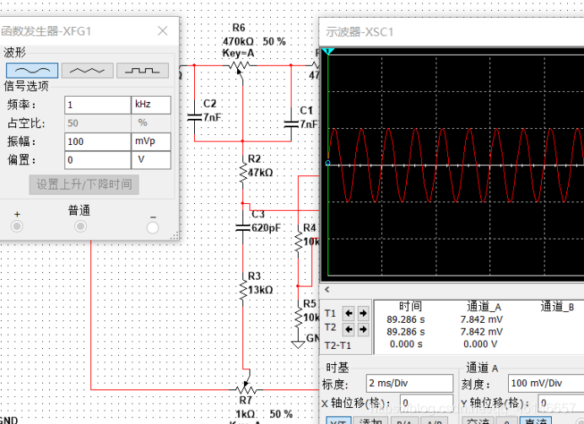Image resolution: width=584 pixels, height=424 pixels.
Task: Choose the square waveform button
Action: click(143, 70)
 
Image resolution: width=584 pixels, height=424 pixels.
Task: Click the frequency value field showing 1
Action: click(96, 105)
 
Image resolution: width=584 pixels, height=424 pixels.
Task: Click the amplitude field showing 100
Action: click(96, 141)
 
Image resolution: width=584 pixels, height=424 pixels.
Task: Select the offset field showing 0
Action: click(96, 159)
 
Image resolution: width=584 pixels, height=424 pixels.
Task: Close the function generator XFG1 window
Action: click(163, 30)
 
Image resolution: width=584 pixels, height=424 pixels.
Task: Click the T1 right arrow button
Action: click(363, 313)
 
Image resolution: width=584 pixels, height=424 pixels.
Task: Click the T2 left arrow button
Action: click(350, 328)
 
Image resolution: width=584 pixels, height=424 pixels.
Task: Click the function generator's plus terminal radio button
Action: click(16, 227)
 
